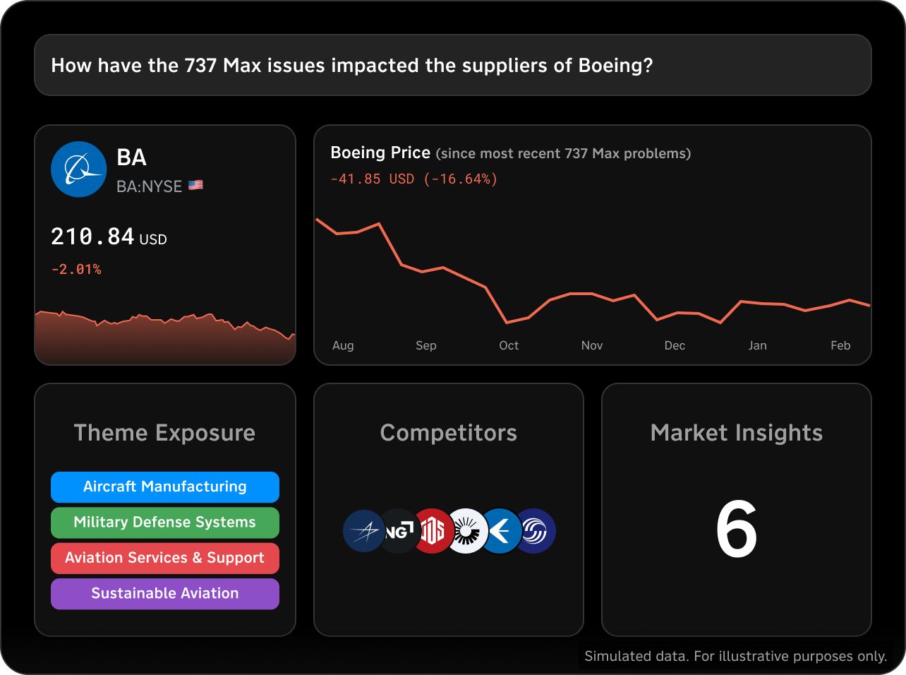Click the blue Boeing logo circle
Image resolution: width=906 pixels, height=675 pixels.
[x=79, y=169]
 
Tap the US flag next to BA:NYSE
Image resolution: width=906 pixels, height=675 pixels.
[x=195, y=186]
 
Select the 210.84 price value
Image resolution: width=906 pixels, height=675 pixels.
[x=92, y=237]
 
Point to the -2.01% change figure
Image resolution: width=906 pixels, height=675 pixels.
[x=76, y=269]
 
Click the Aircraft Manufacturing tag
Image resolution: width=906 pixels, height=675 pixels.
[x=165, y=486]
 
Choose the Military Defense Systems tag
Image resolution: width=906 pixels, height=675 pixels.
[x=165, y=522]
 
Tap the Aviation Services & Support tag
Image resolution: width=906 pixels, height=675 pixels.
[x=165, y=558]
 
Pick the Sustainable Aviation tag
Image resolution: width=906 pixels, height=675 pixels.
[x=165, y=594]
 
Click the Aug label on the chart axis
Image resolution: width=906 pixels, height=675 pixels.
[x=343, y=345]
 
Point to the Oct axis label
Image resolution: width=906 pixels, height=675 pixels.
[x=509, y=345]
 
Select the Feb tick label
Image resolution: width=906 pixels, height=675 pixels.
[x=840, y=345]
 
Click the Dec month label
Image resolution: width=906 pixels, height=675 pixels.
[x=675, y=345]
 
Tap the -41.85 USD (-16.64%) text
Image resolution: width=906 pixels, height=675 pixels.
[x=414, y=179]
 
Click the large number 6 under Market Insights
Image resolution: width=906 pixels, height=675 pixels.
[x=736, y=529]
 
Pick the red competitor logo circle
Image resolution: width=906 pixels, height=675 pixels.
[x=432, y=531]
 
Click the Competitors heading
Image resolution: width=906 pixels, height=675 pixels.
[x=449, y=433]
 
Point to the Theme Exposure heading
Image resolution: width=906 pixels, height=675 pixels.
[x=164, y=433]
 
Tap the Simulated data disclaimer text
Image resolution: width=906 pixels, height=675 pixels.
[x=735, y=657]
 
